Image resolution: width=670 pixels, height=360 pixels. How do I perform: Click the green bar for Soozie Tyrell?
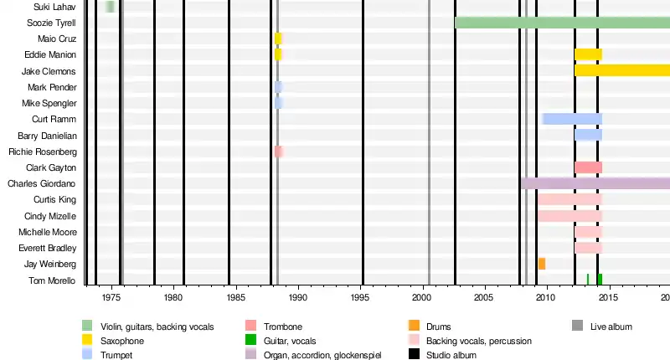point(561,23)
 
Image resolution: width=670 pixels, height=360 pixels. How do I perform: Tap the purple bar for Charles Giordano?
point(595,183)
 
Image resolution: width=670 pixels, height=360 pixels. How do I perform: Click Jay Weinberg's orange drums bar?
point(542,264)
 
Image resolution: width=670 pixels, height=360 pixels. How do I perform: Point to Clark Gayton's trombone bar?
point(588,167)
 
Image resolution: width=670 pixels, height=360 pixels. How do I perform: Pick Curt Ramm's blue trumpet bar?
point(573,119)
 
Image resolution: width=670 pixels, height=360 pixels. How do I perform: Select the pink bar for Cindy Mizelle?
point(569,216)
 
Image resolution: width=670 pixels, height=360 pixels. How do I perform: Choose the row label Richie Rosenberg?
point(43,152)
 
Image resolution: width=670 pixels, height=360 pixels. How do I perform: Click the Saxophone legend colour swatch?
point(87,341)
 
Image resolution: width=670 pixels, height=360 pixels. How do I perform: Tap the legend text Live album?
point(611,327)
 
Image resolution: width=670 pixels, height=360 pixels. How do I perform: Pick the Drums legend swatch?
point(414,326)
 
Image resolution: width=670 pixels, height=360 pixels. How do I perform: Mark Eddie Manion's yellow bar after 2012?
point(588,54)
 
